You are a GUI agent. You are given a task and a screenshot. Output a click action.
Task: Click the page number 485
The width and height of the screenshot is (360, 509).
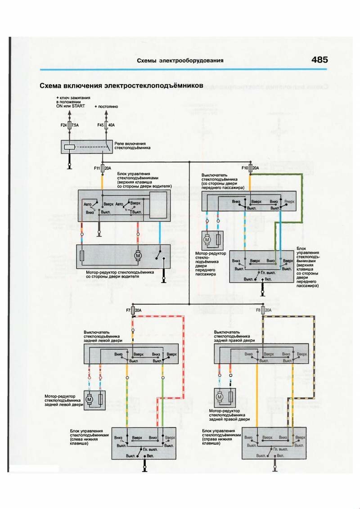[x=319, y=60]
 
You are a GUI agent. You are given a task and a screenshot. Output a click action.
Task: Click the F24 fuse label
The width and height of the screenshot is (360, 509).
[x=63, y=126]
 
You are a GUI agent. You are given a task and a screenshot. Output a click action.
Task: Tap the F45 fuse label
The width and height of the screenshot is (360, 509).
[x=100, y=126]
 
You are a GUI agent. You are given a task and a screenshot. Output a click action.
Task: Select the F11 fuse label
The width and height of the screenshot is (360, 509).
[x=97, y=168]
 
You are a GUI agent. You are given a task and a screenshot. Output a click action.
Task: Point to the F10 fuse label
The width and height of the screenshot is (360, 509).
[x=245, y=168]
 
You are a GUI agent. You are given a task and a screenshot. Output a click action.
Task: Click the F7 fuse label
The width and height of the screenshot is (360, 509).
[x=128, y=311]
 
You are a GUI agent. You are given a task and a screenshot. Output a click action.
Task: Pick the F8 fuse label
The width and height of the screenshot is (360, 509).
[x=259, y=311]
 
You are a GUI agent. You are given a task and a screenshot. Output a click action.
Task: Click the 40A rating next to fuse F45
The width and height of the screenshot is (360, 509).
[x=112, y=126]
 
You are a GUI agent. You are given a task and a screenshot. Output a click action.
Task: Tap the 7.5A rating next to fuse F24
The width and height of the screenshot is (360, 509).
[x=75, y=126]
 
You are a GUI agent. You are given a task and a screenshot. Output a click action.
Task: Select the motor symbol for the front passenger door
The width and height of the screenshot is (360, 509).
[x=207, y=240]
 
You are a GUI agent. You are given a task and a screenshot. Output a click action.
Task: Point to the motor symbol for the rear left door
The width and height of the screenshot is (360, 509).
[x=89, y=399]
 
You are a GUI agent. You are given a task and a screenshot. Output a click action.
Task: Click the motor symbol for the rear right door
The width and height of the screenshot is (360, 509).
[x=220, y=397]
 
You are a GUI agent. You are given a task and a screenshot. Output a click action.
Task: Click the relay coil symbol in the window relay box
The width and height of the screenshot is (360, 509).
[x=69, y=147]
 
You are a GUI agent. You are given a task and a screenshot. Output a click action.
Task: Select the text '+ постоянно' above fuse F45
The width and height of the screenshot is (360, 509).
[x=106, y=107]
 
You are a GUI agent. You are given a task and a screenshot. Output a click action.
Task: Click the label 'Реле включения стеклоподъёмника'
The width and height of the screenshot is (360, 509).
[x=132, y=144]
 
